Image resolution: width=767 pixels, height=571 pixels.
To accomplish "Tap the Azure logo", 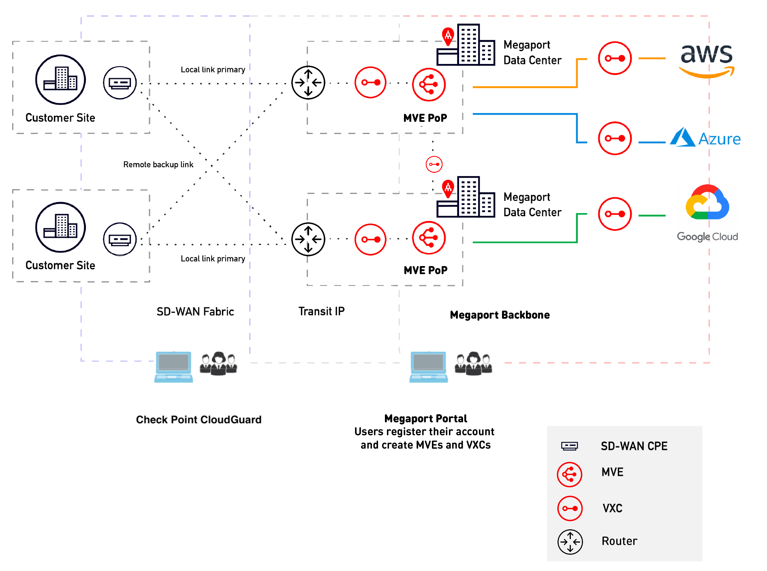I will pos(705,138).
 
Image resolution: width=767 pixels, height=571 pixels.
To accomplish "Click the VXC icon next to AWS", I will pos(615,58).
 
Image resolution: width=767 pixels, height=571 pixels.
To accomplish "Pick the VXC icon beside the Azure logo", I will pos(615,138).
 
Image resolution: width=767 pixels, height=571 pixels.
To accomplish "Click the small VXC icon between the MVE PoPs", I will pos(434,164).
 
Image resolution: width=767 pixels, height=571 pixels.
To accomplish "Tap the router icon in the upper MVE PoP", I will pos(308,83).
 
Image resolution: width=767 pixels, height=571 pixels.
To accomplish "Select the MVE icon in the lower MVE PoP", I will pos(429,238).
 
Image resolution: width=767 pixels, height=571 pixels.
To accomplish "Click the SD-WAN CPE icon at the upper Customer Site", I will pos(120,83).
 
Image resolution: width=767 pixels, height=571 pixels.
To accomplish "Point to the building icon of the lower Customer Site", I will pos(60,227).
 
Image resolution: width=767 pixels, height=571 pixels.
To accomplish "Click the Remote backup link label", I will pos(158,164).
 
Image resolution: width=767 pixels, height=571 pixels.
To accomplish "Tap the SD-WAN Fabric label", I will pos(195,311).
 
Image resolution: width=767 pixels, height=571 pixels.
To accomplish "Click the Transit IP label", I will pos(321,311).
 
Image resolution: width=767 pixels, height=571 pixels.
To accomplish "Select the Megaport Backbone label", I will pos(500,315).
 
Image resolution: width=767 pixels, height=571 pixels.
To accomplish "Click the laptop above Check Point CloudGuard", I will pos(173,366).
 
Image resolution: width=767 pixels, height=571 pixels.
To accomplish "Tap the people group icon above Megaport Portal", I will pos(473,363).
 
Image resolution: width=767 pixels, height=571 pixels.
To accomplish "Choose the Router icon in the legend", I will pos(570,542).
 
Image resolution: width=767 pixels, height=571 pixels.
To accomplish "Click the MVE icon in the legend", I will pos(569,474).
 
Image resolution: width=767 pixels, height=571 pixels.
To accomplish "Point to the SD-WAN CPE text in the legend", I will pos(634,446).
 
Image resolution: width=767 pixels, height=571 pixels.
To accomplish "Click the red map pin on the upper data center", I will pos(448,36).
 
